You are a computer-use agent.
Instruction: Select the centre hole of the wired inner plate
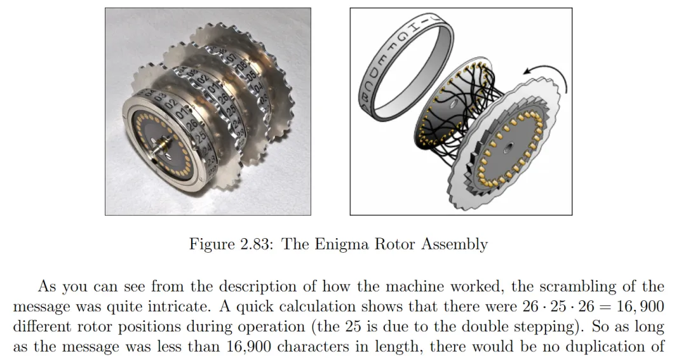454,105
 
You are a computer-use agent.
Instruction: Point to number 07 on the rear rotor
231,58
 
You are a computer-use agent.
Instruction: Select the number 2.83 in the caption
255,244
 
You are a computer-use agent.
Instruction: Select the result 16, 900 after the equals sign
640,307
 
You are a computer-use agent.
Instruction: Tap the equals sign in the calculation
605,307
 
